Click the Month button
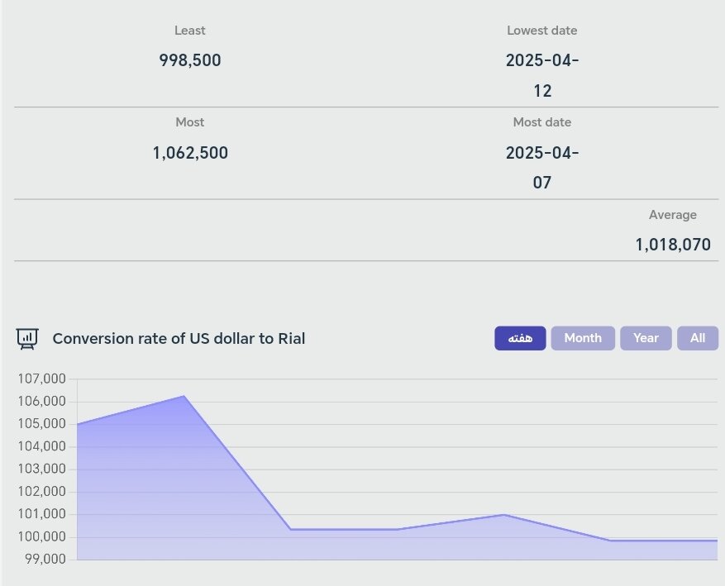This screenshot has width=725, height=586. [583, 338]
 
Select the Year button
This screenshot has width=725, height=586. [646, 338]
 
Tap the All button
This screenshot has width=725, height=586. [698, 338]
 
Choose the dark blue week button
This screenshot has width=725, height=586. [520, 338]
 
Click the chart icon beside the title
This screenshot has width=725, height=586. [27, 338]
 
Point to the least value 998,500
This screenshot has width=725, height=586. [190, 60]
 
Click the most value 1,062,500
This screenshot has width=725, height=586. [190, 153]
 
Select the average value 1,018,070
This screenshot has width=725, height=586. [673, 245]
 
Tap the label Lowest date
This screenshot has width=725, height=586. [542, 31]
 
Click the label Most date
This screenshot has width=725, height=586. [542, 122]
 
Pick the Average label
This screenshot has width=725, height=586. [673, 215]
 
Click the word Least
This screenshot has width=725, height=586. [190, 31]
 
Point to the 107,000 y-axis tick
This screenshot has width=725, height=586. [41, 379]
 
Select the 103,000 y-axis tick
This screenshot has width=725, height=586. [41, 469]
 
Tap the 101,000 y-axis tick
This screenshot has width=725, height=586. [41, 514]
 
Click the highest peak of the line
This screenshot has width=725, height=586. [184, 396]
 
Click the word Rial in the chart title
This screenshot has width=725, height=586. [289, 338]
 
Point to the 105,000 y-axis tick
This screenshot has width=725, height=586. [41, 424]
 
